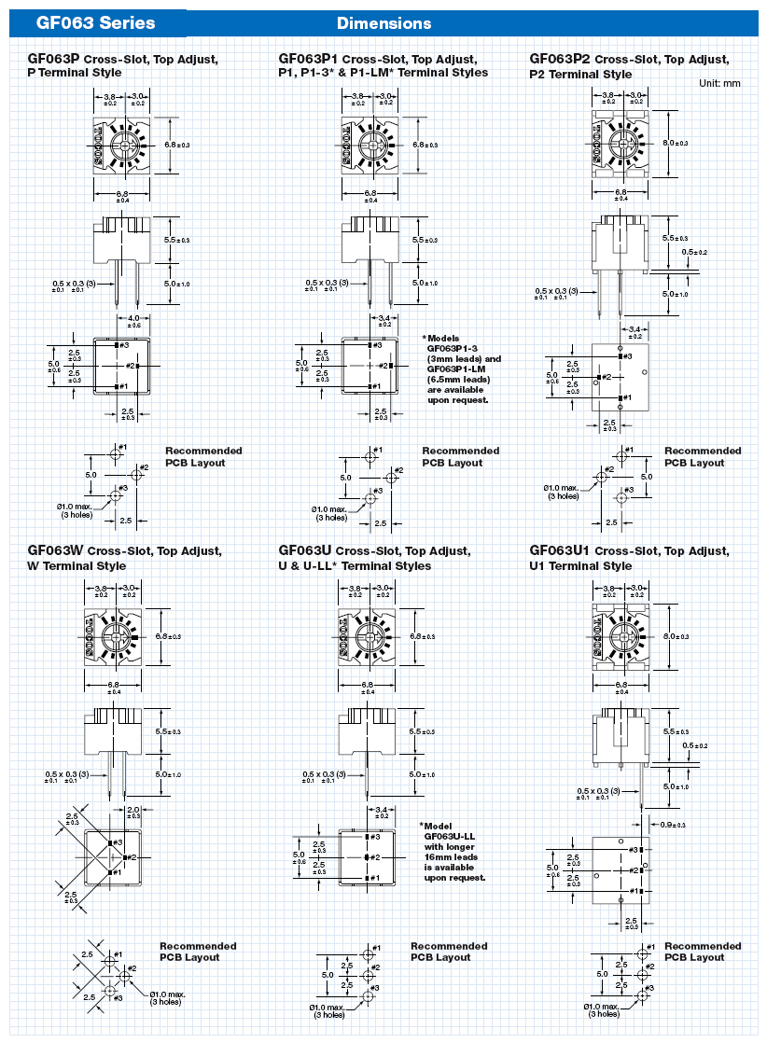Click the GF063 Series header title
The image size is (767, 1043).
96,22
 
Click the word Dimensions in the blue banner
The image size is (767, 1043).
383,23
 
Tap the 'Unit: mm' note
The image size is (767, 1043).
719,83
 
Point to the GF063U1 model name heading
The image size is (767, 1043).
560,551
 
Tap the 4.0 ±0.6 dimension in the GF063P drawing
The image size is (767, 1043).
133,322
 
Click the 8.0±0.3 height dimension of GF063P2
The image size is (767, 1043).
675,143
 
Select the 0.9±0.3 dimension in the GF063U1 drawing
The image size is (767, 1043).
673,825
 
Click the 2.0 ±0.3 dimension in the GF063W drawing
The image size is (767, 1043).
133,812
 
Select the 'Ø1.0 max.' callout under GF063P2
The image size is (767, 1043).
563,488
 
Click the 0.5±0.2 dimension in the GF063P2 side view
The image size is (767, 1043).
694,252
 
